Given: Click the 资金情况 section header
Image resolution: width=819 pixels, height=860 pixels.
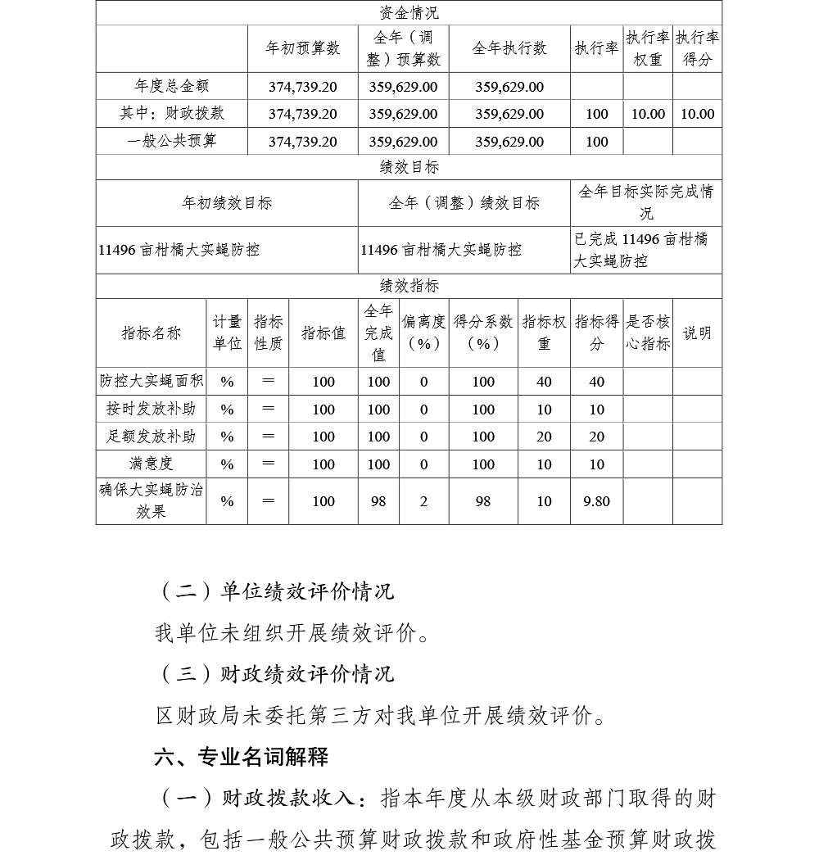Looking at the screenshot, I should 409,13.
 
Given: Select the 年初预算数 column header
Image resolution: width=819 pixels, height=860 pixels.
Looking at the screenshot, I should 302,48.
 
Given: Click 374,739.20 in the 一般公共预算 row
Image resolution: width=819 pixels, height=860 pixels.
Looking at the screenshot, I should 302,142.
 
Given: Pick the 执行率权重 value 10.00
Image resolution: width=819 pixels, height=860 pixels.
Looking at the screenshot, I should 648,114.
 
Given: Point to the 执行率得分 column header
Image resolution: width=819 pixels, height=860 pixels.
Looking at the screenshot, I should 697,48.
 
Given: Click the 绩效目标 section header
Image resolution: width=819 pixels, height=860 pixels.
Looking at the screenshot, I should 409,167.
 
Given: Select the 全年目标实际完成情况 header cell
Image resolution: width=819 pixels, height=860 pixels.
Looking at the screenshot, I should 646,202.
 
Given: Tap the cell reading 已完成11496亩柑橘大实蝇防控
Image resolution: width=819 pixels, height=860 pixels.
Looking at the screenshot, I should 646,250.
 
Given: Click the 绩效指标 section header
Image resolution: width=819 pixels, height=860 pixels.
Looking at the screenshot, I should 409,286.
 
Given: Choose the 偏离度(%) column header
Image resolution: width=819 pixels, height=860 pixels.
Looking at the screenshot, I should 423,333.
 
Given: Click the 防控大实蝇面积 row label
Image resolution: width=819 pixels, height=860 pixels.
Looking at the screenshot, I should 152,381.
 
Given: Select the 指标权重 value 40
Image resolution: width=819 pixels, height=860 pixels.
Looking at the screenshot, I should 544,382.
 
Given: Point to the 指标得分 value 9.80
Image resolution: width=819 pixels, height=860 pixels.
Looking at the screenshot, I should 596,501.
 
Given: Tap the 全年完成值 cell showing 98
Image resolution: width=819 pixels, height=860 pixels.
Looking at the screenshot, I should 378,501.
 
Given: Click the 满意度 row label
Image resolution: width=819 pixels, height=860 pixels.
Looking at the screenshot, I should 152,464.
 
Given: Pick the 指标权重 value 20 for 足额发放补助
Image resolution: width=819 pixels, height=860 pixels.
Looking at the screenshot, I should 544,437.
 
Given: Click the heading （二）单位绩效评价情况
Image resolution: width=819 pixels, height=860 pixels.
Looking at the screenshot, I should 274,591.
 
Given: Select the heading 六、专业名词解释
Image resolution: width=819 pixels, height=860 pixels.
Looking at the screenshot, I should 242,757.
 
